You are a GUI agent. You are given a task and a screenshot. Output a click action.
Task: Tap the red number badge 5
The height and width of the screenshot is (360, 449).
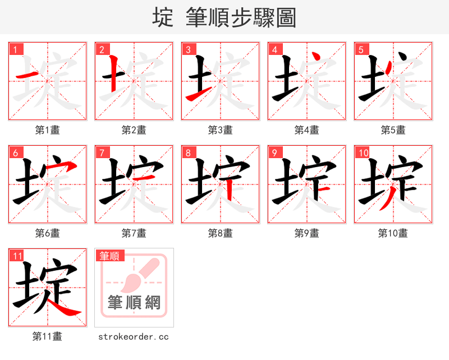pos(361,49)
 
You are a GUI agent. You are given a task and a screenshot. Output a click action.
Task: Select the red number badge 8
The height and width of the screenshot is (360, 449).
pos(188,153)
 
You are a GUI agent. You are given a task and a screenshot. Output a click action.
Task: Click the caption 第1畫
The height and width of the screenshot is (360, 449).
pos(48,130)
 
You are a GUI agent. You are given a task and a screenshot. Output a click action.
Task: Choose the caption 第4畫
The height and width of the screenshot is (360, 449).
pos(307,130)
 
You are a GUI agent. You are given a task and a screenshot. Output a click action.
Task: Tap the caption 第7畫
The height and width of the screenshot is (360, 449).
pos(134,233)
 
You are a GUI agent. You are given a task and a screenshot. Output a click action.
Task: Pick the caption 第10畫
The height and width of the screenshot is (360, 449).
pos(393,233)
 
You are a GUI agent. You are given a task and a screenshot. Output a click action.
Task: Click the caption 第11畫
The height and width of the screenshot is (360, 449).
pos(48,336)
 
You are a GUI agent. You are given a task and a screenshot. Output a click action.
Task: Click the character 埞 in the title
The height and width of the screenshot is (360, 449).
pos(163,17)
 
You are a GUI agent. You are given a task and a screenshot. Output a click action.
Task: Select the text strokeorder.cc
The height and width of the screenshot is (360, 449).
pos(134,336)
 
